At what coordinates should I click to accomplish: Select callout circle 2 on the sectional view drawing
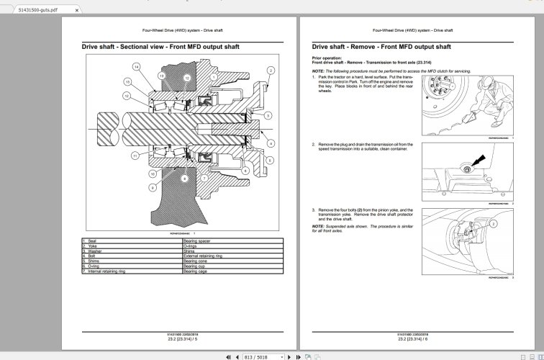coord(271,70)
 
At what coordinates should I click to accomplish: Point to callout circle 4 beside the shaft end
coord(271,144)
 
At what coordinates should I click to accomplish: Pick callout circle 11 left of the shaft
coord(135,156)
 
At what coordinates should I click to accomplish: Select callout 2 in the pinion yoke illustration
coord(493,224)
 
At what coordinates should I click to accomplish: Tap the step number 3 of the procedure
coord(314,209)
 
